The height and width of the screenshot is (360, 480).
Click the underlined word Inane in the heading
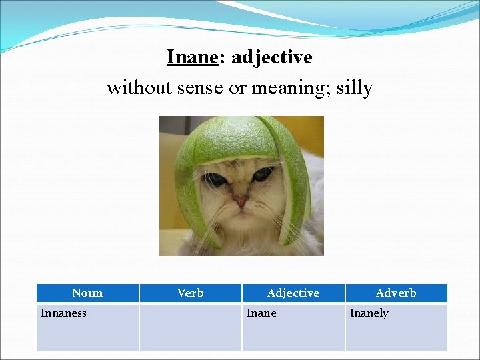[x=192, y=57]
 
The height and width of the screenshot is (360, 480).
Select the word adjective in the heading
[x=271, y=57]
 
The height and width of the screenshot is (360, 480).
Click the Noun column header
[x=87, y=293]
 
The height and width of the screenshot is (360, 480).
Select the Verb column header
[x=191, y=293]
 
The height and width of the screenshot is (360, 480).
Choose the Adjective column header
[x=293, y=293]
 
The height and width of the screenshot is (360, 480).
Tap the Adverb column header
[x=396, y=293]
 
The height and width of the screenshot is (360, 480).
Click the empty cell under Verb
[x=191, y=327]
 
